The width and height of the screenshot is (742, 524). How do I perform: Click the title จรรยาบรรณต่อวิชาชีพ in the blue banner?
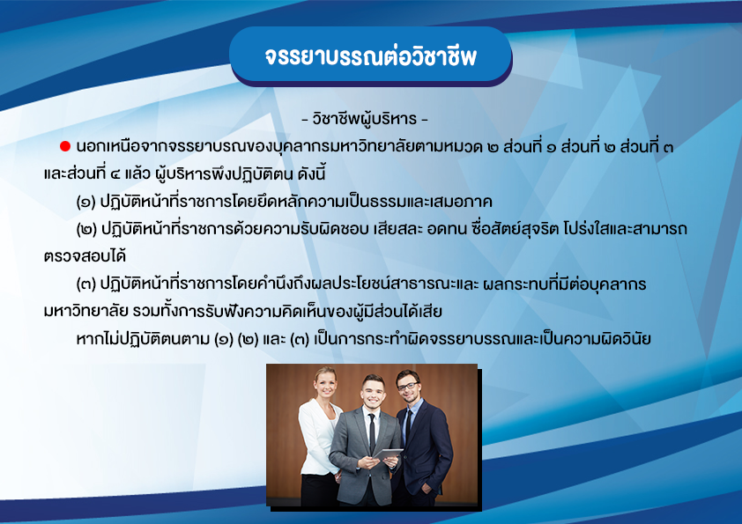click(x=370, y=56)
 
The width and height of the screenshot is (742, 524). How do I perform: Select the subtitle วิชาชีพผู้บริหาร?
click(x=364, y=119)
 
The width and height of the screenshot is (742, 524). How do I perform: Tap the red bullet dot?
click(x=65, y=146)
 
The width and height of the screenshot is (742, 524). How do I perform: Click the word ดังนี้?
click(x=311, y=174)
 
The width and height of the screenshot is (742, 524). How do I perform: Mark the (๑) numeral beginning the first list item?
click(x=85, y=202)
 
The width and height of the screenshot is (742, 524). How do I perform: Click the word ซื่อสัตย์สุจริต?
click(x=516, y=229)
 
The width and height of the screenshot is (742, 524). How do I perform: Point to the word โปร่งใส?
click(x=587, y=229)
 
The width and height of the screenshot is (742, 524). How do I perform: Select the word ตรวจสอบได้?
click(x=85, y=256)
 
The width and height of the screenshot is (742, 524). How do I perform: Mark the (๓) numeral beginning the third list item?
click(x=85, y=284)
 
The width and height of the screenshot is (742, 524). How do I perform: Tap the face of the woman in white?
click(x=325, y=385)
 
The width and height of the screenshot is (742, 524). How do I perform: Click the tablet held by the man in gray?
click(x=388, y=455)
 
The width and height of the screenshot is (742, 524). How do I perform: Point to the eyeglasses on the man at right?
click(x=407, y=387)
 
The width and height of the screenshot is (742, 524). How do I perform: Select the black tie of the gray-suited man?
click(x=372, y=432)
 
